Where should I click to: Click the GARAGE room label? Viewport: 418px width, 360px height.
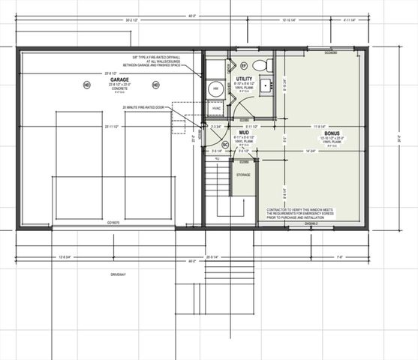pos(120,79)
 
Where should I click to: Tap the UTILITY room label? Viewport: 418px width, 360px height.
pos(243,79)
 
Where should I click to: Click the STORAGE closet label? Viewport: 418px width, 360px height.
pos(243,175)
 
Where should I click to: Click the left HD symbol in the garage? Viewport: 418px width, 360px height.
pos(86,85)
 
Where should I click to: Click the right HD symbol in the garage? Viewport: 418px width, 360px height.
pos(155,85)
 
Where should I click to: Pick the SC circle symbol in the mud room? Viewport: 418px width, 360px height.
pos(224,145)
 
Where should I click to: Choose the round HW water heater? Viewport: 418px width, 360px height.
pos(215,89)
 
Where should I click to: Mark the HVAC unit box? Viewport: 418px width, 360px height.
pos(216,108)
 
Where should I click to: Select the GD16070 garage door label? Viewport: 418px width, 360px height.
pos(113,223)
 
